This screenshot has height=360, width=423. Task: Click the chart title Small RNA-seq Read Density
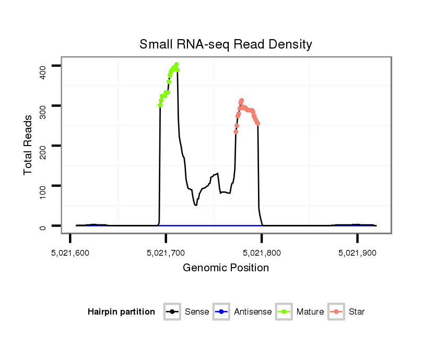click(x=226, y=44)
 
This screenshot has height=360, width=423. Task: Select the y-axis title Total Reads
click(x=29, y=145)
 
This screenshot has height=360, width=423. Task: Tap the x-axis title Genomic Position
click(x=226, y=268)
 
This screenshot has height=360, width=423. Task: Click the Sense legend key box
click(x=172, y=312)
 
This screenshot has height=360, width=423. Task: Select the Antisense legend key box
click(x=221, y=312)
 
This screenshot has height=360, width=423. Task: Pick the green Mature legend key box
click(x=284, y=312)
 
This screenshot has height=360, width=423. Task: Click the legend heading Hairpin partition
click(x=121, y=312)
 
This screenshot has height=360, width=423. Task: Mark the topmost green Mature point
click(x=177, y=64)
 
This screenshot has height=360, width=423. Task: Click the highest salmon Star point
click(x=242, y=100)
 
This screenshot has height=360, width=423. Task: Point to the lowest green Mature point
click(x=160, y=105)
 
